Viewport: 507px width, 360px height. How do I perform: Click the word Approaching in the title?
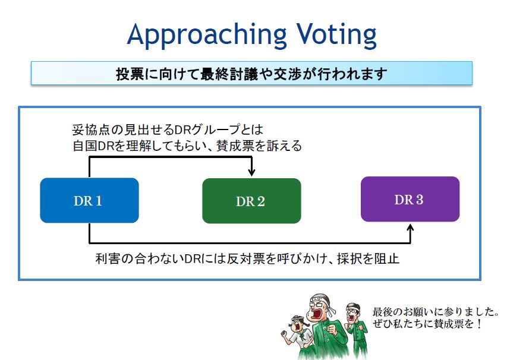[x=207, y=36]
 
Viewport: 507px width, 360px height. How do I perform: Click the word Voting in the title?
[x=337, y=36]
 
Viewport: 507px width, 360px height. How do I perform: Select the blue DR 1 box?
[x=89, y=200]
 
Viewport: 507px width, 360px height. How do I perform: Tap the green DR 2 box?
[x=251, y=201]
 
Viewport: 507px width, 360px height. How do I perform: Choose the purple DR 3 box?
[x=410, y=199]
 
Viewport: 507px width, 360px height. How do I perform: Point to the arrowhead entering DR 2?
[x=251, y=172]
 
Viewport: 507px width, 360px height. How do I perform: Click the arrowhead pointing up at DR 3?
[x=410, y=228]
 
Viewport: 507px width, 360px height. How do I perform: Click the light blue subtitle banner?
[x=251, y=73]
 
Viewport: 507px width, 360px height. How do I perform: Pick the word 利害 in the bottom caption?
[x=108, y=259]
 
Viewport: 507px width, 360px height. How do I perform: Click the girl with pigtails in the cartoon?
[x=299, y=336]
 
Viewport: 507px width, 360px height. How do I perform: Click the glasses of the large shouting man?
[x=317, y=304]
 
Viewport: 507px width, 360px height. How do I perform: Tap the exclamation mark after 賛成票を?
[x=479, y=324]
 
